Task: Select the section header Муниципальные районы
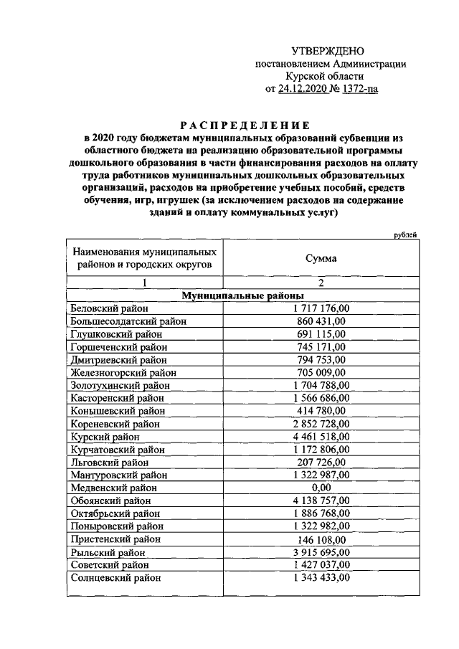click(243, 295)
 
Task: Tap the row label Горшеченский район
click(118, 347)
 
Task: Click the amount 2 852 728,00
click(321, 424)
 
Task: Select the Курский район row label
click(105, 437)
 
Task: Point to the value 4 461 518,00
click(321, 437)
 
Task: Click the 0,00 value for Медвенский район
click(321, 488)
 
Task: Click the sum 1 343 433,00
click(321, 578)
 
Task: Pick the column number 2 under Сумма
click(321, 283)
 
